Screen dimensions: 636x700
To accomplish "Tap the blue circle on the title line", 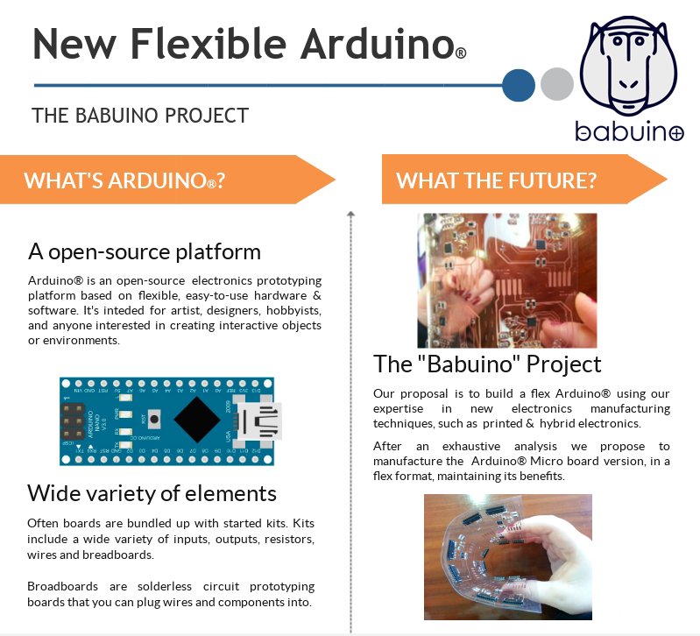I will click(519, 85).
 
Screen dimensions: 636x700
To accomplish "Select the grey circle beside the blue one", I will click(556, 85).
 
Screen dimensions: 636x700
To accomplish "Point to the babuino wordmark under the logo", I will click(629, 131).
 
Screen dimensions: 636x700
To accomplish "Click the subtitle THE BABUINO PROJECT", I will click(140, 116).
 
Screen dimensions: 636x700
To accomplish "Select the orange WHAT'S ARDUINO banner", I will click(166, 181).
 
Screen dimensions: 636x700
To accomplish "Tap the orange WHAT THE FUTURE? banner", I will click(522, 180).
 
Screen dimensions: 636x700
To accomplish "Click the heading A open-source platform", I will click(145, 252).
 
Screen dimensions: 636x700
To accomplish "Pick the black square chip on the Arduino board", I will click(198, 421).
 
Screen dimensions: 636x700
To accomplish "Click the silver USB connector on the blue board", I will click(260, 420).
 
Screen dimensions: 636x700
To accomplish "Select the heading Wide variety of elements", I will click(152, 492).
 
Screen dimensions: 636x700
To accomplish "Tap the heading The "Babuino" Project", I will click(487, 364).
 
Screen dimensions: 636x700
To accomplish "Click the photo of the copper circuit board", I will click(506, 280).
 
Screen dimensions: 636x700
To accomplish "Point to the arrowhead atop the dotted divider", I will click(350, 213).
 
